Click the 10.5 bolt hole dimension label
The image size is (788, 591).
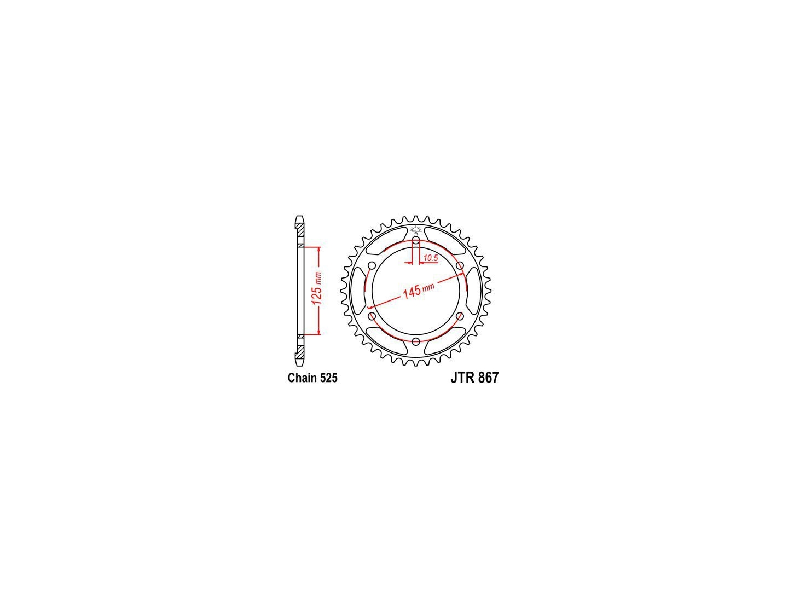point(431,258)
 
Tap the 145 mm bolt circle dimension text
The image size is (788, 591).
point(418,290)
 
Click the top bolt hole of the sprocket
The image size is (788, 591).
point(416,240)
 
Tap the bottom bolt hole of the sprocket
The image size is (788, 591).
point(416,341)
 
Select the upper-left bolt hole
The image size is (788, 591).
point(372,265)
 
